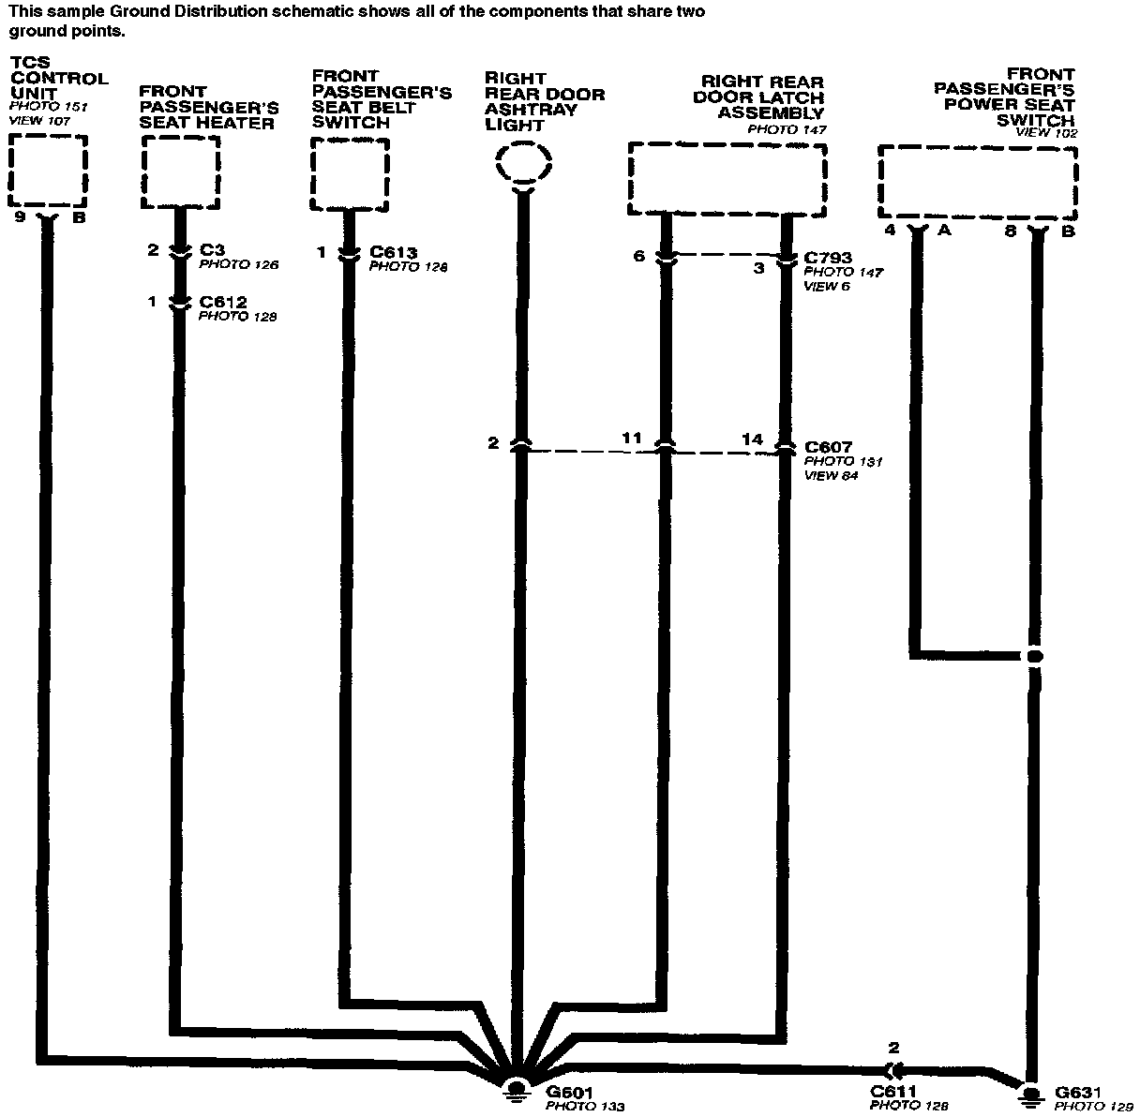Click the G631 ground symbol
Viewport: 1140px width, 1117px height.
point(1030,1092)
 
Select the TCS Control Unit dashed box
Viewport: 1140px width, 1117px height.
point(48,171)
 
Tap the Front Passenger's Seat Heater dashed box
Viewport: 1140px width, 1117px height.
point(181,172)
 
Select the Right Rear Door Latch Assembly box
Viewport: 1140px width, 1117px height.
point(727,178)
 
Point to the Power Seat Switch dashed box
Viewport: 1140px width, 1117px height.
point(977,182)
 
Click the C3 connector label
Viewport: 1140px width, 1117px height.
point(212,250)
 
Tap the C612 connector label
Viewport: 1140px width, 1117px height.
point(222,303)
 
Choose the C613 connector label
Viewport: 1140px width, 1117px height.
point(393,252)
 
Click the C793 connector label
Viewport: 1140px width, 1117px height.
point(828,258)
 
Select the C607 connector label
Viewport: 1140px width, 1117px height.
point(828,447)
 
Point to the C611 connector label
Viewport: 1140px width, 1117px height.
point(893,1092)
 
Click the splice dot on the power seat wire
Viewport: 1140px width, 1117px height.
point(1034,656)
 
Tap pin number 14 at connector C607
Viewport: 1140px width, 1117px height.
point(752,439)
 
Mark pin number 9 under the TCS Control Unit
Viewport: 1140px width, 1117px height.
point(19,217)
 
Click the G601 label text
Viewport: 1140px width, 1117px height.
point(569,1092)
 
